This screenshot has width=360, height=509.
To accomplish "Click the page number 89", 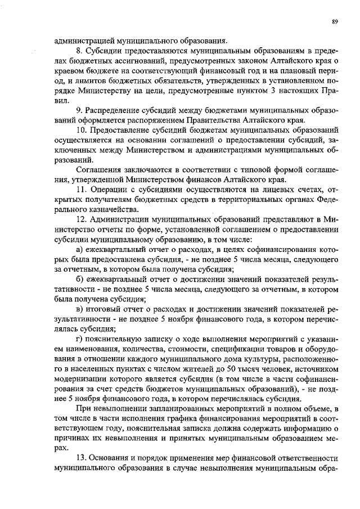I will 335,21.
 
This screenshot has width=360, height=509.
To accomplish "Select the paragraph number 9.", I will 78,110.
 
